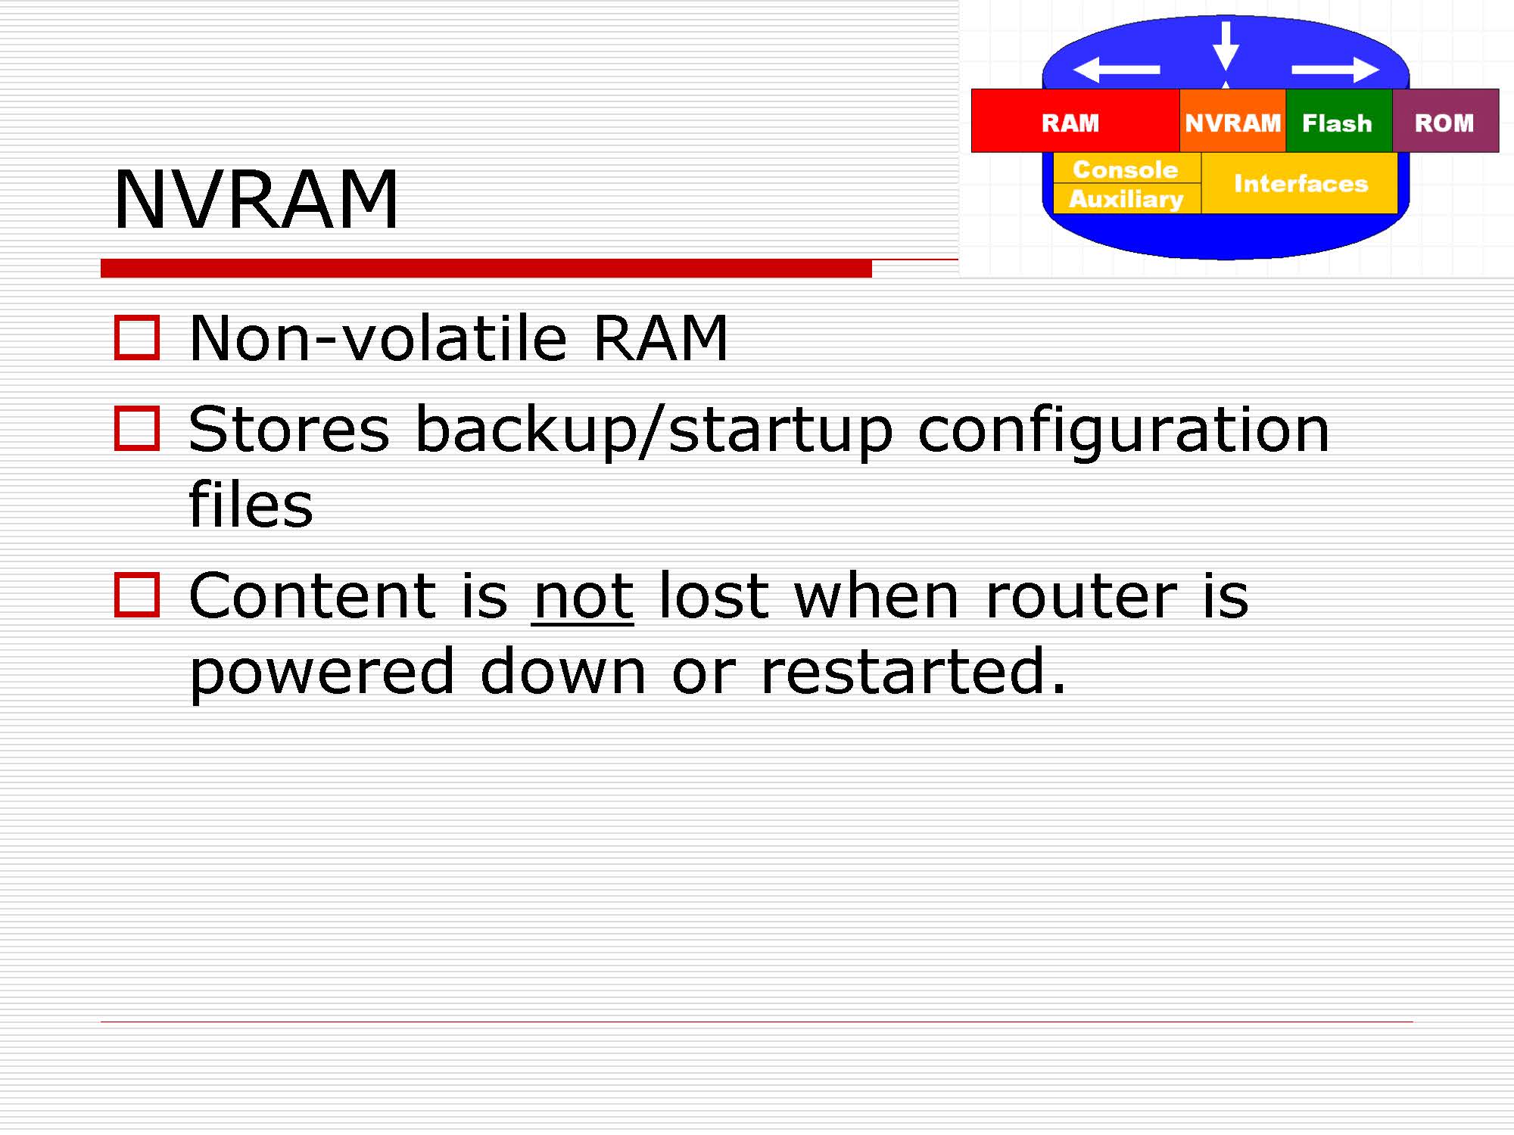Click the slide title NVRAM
pos(256,199)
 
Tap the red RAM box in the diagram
pos(1075,121)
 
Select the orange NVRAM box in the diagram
pos(1232,121)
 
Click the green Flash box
pos(1338,121)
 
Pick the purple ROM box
pos(1445,121)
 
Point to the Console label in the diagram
pos(1126,169)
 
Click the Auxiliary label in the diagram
pos(1126,199)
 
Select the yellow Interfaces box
pos(1299,183)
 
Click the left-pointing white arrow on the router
pos(1117,70)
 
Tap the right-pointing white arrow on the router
pos(1335,70)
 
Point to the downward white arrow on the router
pos(1226,46)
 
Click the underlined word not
pos(583,598)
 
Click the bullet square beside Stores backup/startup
pos(137,428)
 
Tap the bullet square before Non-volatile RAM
pos(137,337)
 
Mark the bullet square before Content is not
pos(137,595)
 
